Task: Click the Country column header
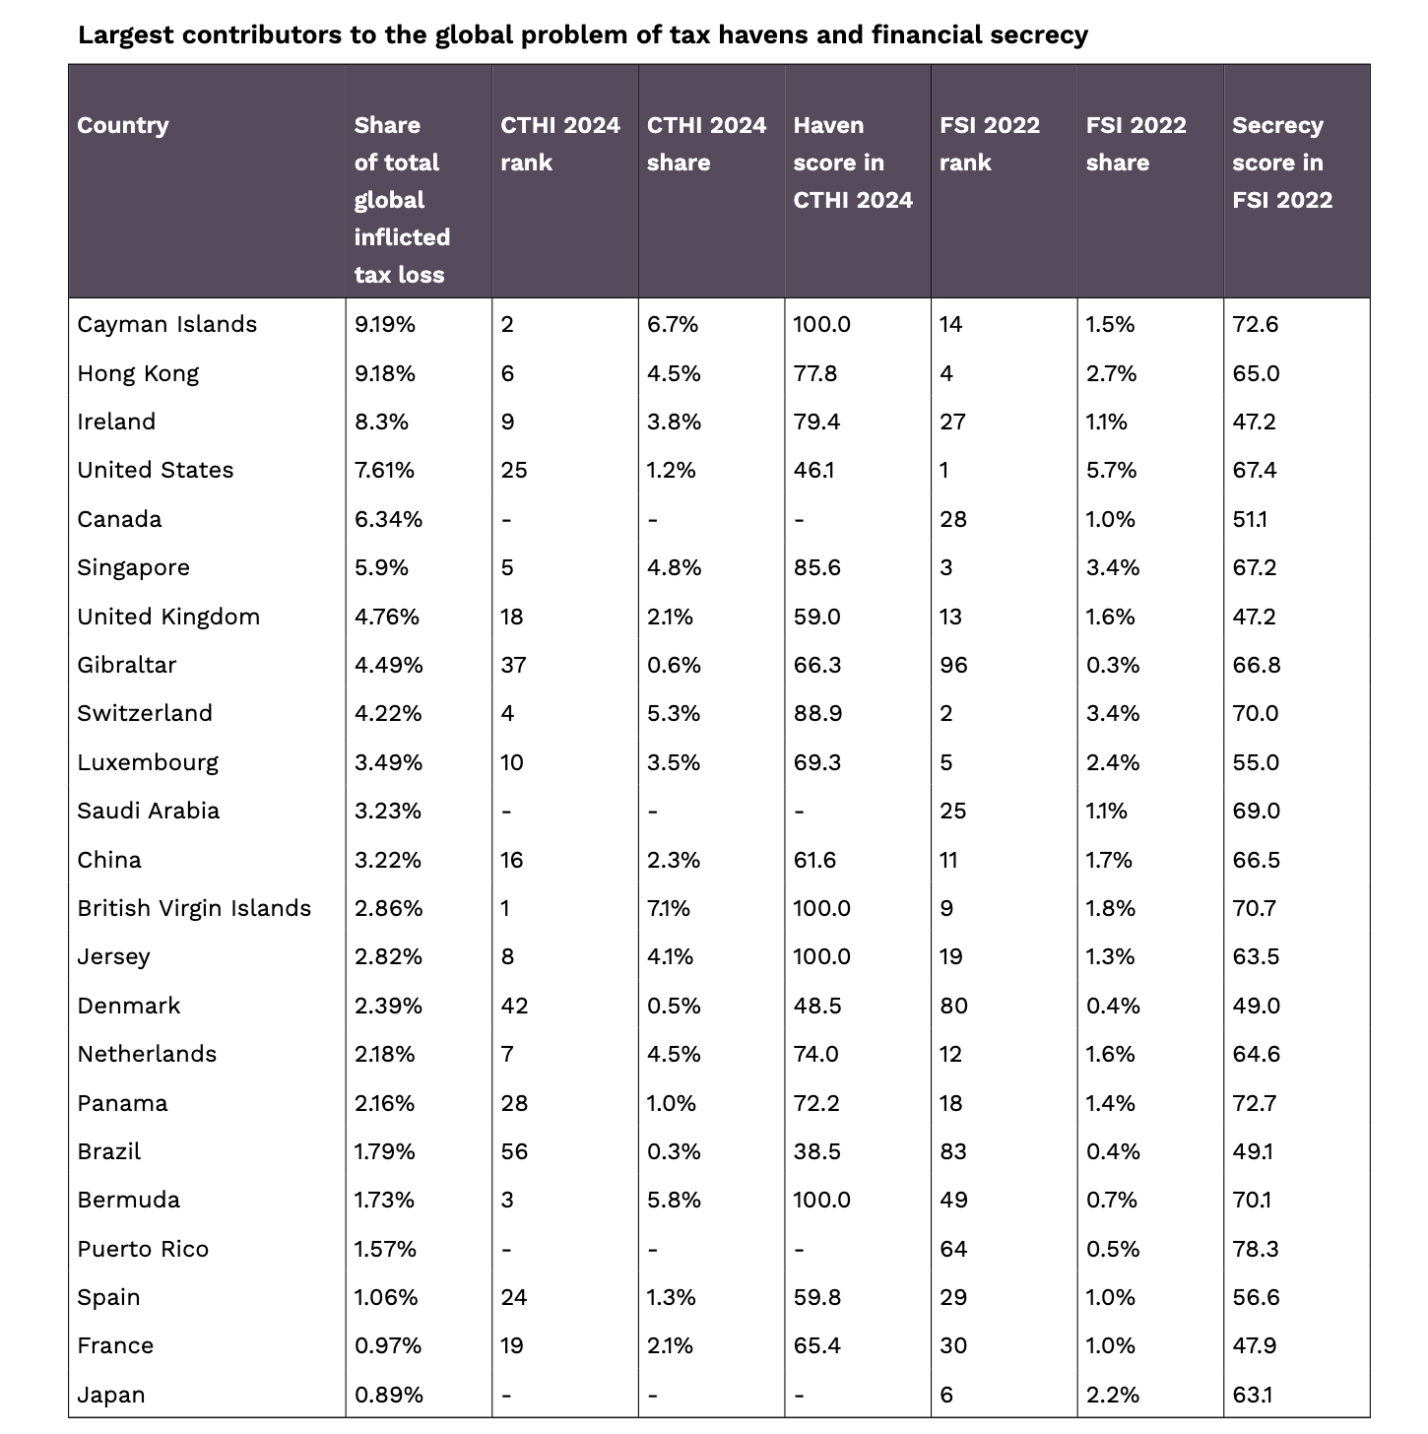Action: (x=123, y=125)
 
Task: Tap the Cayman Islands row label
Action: (x=166, y=324)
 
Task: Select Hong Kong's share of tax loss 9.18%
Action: (x=385, y=373)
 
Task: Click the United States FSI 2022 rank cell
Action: (x=944, y=470)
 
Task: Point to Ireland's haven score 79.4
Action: (x=816, y=422)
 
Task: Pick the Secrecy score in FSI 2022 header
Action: (x=1281, y=163)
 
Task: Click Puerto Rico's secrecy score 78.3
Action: (x=1256, y=1249)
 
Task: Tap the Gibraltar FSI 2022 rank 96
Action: (x=953, y=665)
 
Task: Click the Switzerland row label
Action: (x=145, y=713)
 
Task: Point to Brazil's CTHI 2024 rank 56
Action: (x=514, y=1151)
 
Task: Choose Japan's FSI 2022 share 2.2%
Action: (x=1112, y=1395)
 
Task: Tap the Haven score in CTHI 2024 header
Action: (x=853, y=163)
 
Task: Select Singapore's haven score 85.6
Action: (x=817, y=567)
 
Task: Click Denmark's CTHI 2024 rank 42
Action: (x=514, y=1006)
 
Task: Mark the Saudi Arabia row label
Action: (x=149, y=811)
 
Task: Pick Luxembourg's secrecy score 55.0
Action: (x=1256, y=762)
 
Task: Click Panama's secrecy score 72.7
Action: (x=1255, y=1103)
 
